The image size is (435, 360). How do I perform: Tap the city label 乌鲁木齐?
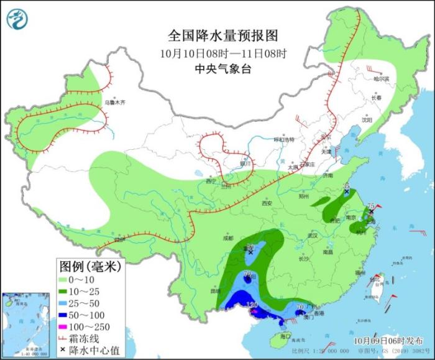(114, 102)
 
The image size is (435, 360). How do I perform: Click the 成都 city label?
(227, 238)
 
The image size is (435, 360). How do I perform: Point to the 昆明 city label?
(215, 290)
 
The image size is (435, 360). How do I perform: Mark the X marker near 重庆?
(250, 253)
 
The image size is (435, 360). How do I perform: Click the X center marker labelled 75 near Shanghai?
(372, 212)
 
